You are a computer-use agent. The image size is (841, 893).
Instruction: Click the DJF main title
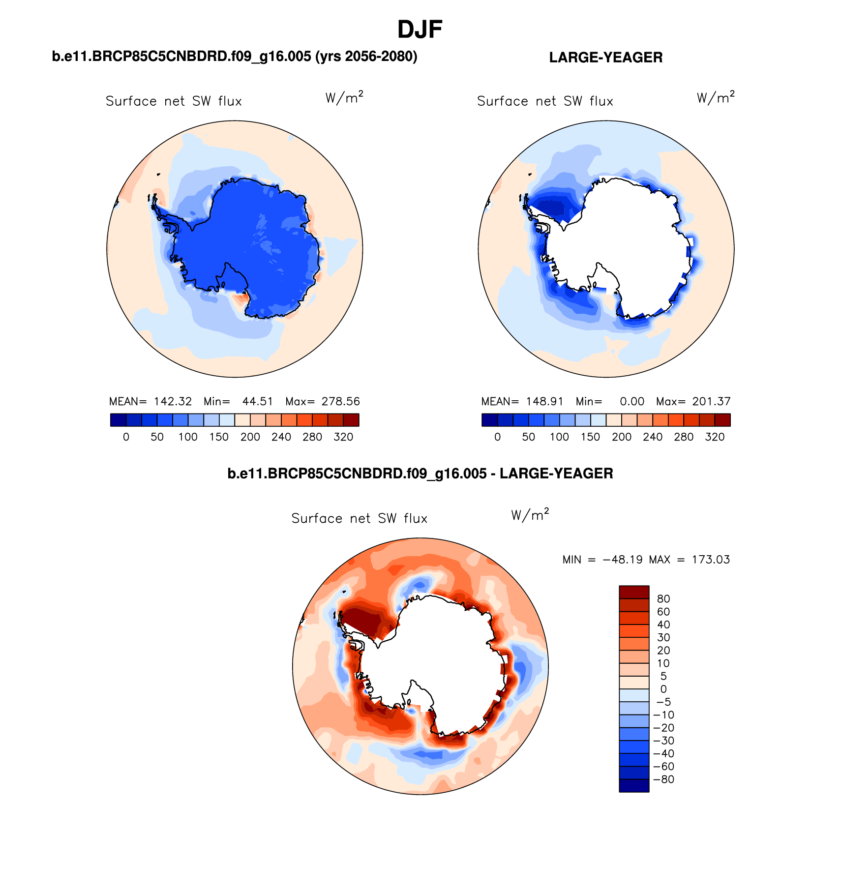[420, 30]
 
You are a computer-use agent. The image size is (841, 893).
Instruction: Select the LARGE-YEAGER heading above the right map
[605, 58]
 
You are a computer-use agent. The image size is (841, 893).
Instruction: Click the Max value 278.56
[340, 401]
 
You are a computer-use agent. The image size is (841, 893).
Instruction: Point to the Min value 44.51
[257, 401]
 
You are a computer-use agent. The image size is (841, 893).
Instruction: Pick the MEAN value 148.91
[544, 401]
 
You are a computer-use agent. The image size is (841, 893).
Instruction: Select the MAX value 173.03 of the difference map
[711, 560]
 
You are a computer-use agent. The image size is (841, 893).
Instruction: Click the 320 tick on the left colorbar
[343, 437]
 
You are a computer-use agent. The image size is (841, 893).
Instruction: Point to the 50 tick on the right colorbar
[528, 437]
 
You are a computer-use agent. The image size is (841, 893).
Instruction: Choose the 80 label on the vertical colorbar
[663, 599]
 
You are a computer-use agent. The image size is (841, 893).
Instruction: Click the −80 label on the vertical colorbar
[663, 779]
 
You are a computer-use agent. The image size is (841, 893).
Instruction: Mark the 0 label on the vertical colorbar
[663, 689]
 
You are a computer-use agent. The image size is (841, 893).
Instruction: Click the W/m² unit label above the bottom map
[530, 515]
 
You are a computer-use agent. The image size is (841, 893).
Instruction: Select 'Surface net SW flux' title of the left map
[174, 101]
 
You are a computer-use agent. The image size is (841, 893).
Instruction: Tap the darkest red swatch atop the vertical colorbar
[634, 592]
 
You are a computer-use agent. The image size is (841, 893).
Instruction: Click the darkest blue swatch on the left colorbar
[119, 420]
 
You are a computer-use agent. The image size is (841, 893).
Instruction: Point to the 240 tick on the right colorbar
[652, 437]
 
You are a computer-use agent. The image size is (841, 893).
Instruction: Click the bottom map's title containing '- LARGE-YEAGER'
[420, 474]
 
